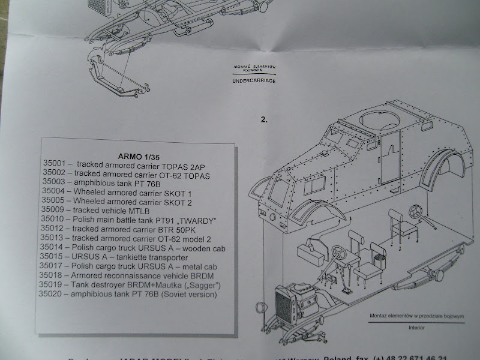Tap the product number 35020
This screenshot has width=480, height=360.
53,295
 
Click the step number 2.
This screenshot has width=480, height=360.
264,119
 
